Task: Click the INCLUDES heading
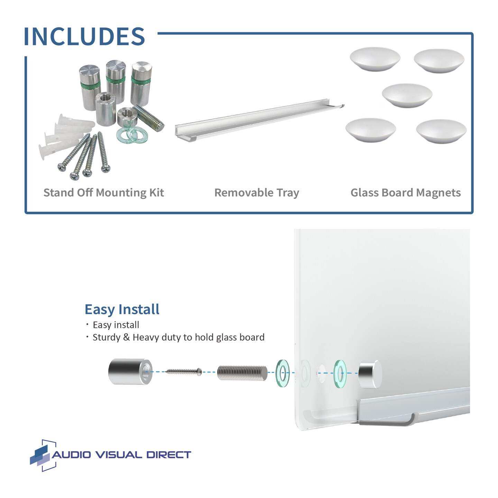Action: click(x=84, y=36)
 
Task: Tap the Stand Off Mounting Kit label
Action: click(x=103, y=193)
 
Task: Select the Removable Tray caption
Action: click(x=257, y=193)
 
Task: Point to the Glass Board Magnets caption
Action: click(x=405, y=193)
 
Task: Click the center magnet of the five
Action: click(x=407, y=95)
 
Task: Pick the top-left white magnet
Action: click(x=375, y=59)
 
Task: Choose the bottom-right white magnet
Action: click(x=441, y=131)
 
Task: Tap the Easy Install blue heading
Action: click(x=122, y=309)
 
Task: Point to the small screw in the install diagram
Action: click(x=184, y=372)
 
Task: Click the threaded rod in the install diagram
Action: click(x=242, y=373)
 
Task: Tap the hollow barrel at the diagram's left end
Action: click(x=130, y=372)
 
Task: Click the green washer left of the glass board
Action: click(x=283, y=373)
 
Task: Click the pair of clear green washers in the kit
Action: click(x=132, y=134)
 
